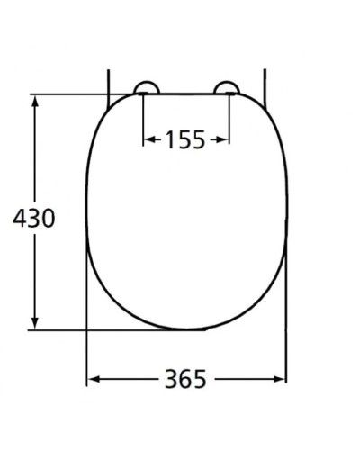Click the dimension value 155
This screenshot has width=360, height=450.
click(186, 139)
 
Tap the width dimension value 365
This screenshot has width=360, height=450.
click(185, 380)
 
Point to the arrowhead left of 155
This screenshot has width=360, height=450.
click(149, 139)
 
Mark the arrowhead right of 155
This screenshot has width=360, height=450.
click(223, 139)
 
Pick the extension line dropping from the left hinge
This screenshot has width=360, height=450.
click(144, 121)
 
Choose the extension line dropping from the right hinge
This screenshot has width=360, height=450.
click(229, 121)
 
